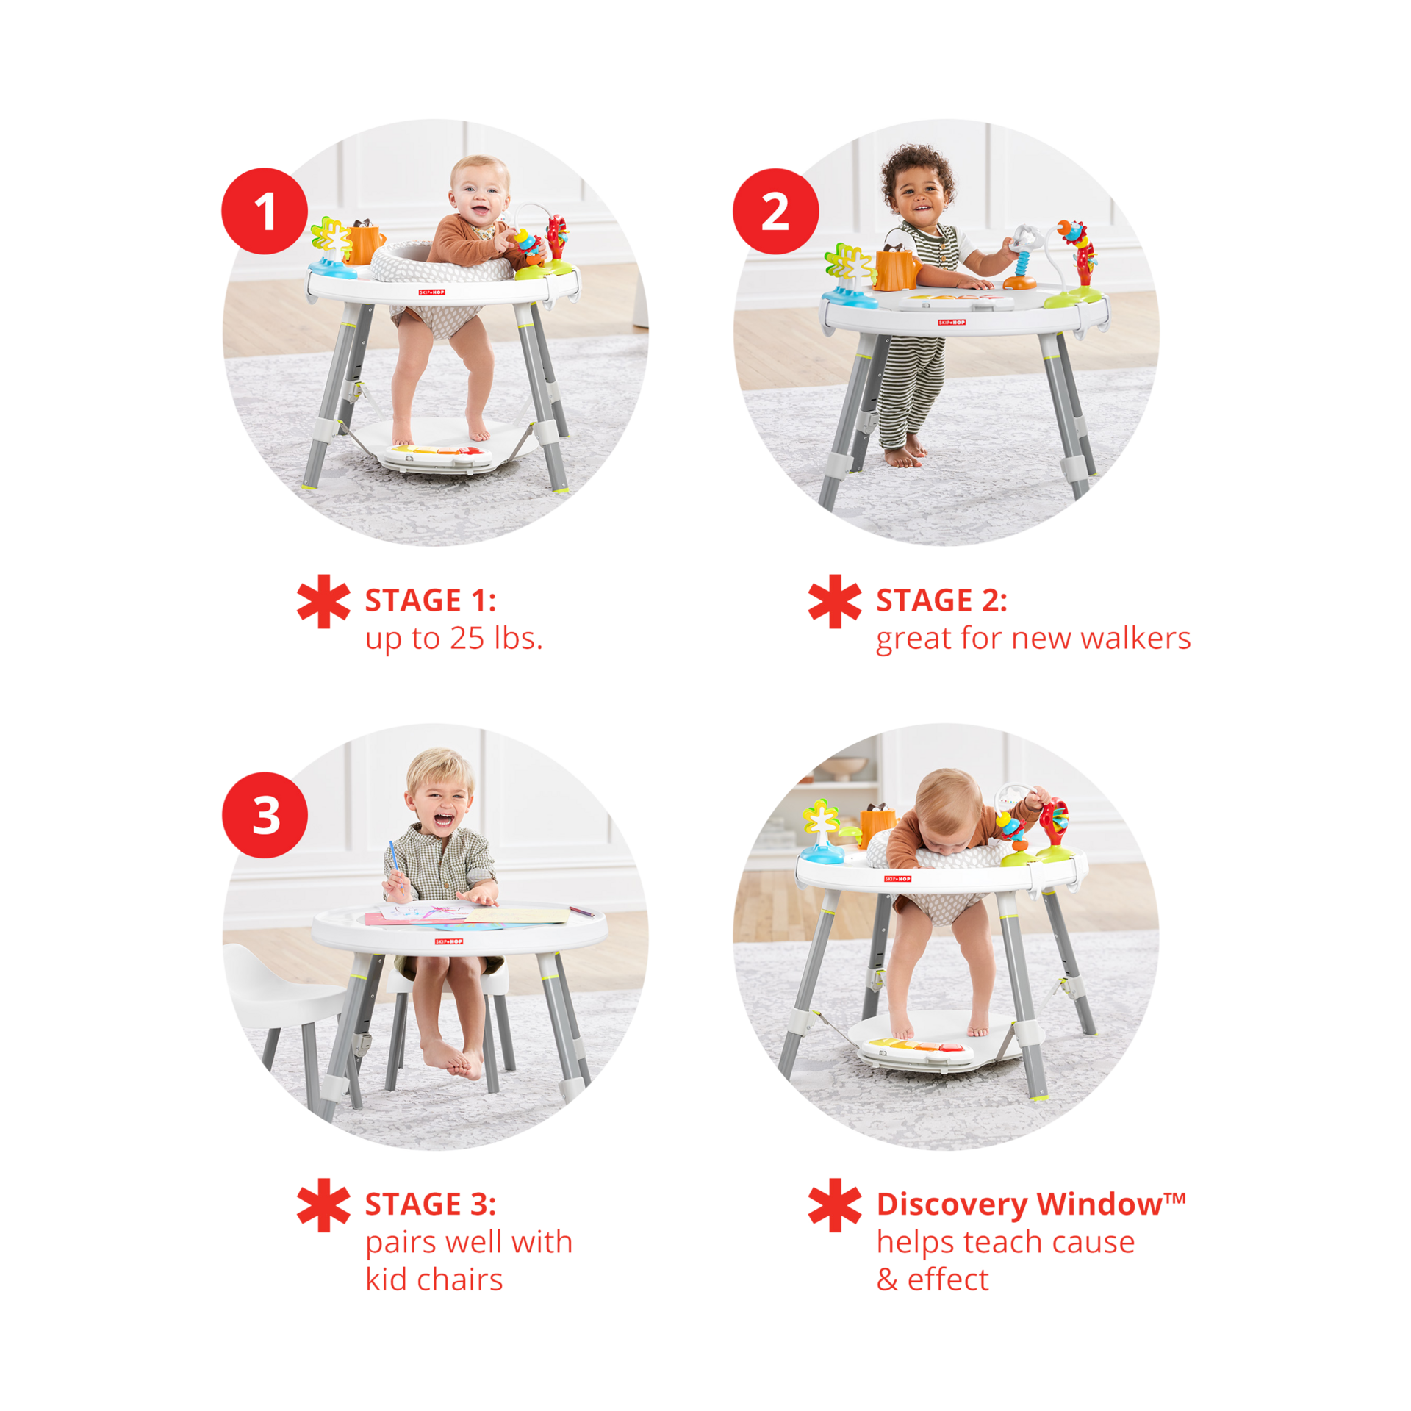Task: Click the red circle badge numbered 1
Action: [x=264, y=211]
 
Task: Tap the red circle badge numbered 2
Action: [x=775, y=211]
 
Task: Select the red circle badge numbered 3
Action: [x=264, y=814]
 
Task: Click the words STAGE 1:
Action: [x=431, y=600]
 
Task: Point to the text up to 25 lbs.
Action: [x=454, y=639]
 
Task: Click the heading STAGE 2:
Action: [x=941, y=600]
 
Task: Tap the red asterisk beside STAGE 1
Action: [x=323, y=601]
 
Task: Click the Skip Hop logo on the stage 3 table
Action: [x=449, y=941]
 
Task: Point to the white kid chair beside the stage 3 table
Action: [x=287, y=985]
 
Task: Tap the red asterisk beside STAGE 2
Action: [x=834, y=601]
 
